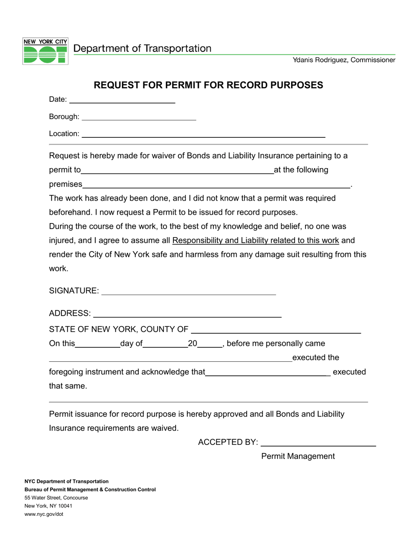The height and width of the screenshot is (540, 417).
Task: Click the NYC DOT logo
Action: [45, 51]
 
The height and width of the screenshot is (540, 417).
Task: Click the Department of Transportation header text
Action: [142, 48]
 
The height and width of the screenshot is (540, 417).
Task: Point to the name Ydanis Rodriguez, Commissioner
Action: [344, 60]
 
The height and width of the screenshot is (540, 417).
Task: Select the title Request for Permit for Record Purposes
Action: [208, 85]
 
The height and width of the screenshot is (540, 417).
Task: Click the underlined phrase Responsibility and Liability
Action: [255, 241]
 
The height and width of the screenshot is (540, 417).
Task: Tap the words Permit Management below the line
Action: [298, 457]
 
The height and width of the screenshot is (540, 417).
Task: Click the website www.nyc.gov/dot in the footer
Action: [44, 514]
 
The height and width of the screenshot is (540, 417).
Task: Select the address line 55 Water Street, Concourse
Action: [56, 498]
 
